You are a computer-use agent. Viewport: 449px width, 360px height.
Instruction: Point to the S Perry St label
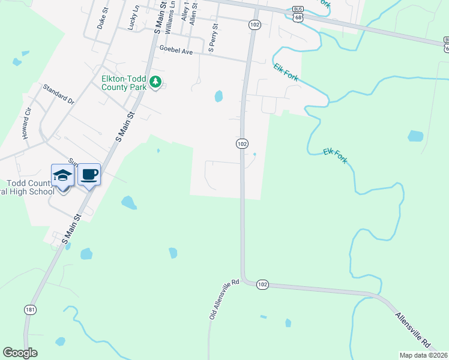coord(211,38)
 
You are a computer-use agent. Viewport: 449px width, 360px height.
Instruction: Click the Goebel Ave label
coord(175,50)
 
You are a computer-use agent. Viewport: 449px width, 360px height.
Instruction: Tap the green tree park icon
coord(155,81)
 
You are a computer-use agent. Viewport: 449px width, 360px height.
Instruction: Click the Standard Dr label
coord(58,95)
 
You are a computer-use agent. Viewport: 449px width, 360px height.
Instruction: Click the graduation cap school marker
coord(62,175)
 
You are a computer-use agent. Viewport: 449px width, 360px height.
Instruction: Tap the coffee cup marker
coord(89,175)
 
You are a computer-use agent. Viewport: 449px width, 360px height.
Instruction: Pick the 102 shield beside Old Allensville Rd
coord(262,283)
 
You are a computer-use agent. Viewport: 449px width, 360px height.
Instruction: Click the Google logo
coord(20,353)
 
